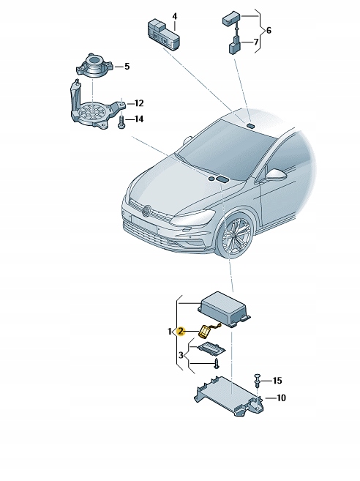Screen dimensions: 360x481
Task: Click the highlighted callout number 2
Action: tap(181, 331)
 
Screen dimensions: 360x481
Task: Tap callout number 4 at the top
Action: tap(174, 17)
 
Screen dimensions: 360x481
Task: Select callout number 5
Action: tap(127, 67)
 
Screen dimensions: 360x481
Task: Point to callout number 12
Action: tap(139, 103)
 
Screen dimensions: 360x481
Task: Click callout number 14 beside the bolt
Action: tap(139, 119)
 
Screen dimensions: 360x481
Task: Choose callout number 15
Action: tap(277, 381)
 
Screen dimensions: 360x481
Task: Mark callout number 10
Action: tap(281, 398)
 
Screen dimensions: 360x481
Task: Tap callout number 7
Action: tap(256, 42)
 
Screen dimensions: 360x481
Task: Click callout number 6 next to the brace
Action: tap(269, 30)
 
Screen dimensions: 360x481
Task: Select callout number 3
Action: tap(181, 355)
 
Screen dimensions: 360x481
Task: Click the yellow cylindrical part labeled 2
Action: tap(204, 332)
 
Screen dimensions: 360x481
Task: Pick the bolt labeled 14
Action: tap(121, 123)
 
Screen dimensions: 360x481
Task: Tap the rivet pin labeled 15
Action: tap(257, 381)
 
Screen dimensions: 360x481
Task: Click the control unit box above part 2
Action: tap(225, 310)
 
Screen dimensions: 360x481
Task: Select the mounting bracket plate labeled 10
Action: tap(229, 396)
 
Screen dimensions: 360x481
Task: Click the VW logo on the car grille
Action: tap(146, 211)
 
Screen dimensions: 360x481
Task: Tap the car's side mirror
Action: tap(276, 175)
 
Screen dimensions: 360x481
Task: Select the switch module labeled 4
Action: tap(164, 34)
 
